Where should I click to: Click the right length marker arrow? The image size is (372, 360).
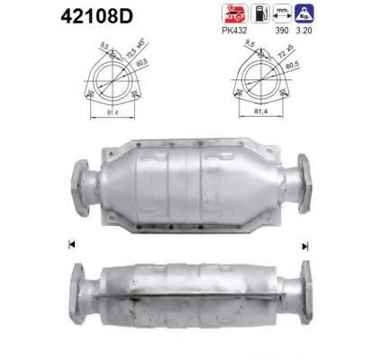(x=305, y=245)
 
